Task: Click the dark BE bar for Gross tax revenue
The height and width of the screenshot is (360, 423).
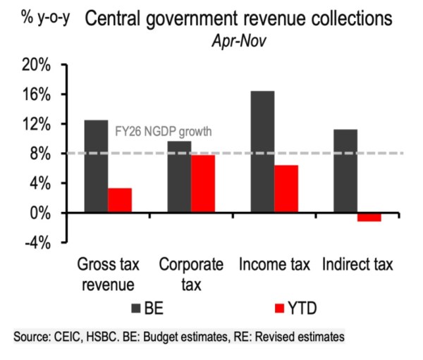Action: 96,166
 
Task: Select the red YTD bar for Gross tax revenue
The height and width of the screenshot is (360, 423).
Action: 120,200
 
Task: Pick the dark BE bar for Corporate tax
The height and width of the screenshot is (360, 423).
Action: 179,177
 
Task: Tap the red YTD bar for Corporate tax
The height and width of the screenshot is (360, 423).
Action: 203,183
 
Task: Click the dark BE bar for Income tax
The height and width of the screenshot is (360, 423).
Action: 262,151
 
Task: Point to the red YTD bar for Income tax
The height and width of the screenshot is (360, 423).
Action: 286,189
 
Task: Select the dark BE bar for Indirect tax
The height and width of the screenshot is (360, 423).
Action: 345,171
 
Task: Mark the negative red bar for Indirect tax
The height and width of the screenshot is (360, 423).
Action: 369,217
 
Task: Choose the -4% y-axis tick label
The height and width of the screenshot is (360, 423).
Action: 43,242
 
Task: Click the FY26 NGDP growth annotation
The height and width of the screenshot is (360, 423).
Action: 163,131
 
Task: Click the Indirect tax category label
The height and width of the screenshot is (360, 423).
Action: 357,266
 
